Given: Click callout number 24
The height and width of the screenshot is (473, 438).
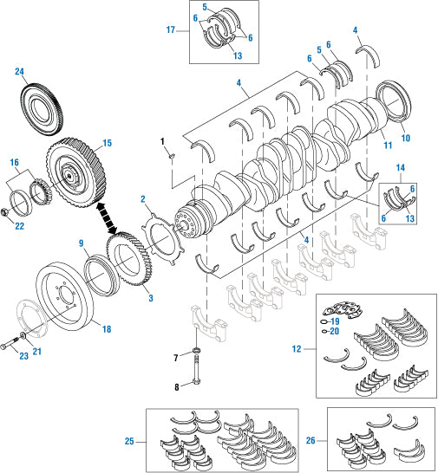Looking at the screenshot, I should click(19, 72).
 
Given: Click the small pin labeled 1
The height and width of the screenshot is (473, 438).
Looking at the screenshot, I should click(172, 156).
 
